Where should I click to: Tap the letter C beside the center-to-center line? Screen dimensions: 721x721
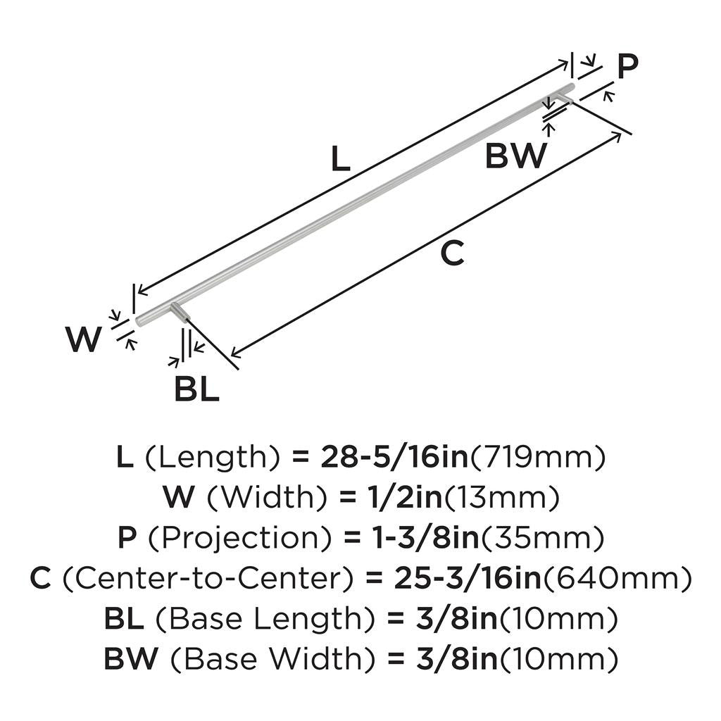(x=452, y=253)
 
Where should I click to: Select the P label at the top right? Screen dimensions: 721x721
(x=627, y=66)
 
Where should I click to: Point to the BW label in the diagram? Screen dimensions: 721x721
(x=516, y=156)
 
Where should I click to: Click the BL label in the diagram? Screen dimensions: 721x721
(x=196, y=389)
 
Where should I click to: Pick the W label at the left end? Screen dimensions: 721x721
(x=83, y=339)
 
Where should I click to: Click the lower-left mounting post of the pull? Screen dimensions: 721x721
(x=180, y=314)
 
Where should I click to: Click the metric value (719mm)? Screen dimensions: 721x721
(x=537, y=458)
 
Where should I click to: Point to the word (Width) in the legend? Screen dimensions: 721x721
(x=267, y=498)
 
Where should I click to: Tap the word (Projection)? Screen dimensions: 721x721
(x=239, y=538)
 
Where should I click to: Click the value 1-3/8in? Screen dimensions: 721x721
(x=426, y=538)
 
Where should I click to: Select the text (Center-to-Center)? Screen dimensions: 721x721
(x=208, y=578)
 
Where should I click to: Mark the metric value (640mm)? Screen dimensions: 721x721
(x=617, y=579)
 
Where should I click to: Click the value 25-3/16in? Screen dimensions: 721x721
(x=468, y=578)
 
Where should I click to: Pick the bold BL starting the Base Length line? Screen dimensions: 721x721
(x=124, y=618)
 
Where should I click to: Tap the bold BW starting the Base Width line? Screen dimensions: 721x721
(x=131, y=658)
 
